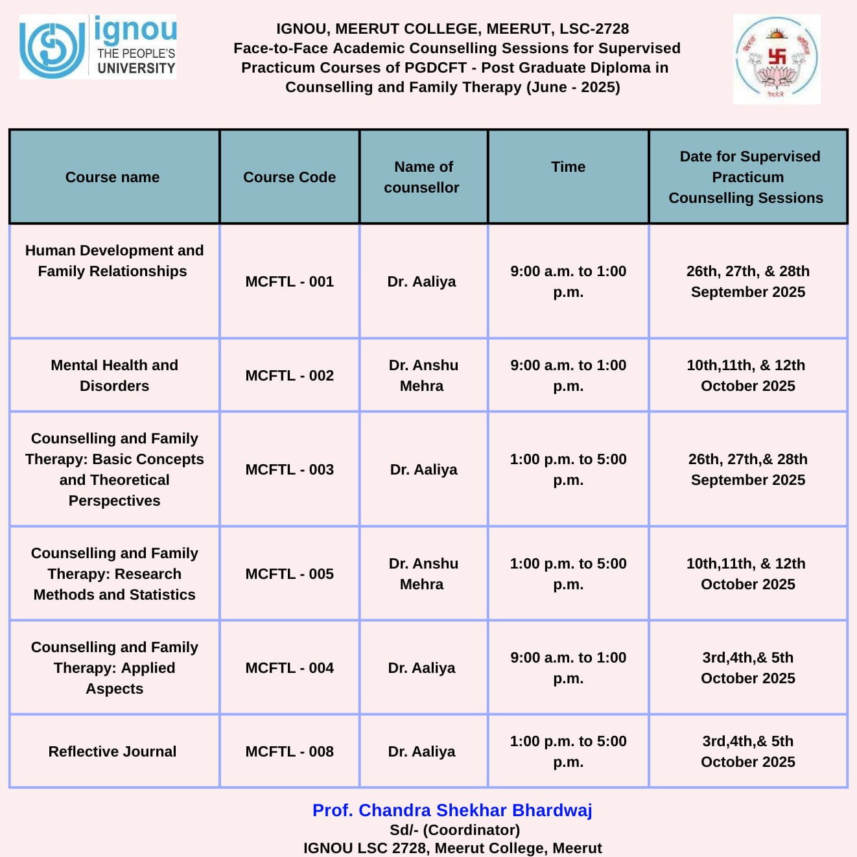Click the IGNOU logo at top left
tap(98, 47)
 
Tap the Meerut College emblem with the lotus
tap(777, 59)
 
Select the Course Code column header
tap(289, 177)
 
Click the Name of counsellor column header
tap(423, 177)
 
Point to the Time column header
tap(568, 167)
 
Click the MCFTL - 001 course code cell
tap(289, 281)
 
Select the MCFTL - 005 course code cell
tap(289, 574)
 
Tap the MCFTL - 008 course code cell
tap(289, 751)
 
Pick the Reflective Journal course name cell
tap(113, 751)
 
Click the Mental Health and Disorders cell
tap(114, 375)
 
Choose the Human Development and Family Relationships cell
tap(114, 261)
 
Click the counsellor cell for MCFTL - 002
tap(423, 375)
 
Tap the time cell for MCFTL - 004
tap(568, 668)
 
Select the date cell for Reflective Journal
tap(747, 751)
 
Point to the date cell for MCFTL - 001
tap(747, 281)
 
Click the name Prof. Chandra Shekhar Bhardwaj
tap(452, 810)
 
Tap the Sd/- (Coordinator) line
tap(454, 830)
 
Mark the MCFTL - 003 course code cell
tap(289, 469)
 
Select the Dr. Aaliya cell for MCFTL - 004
tap(422, 668)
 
